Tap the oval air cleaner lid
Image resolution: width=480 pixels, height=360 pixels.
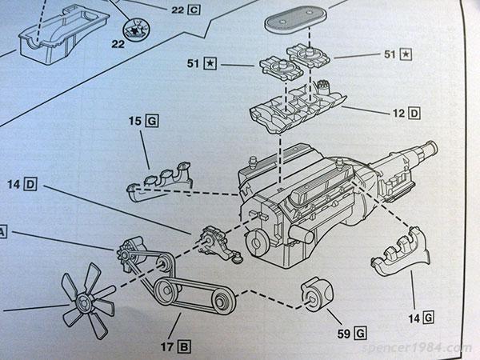(x=294, y=18)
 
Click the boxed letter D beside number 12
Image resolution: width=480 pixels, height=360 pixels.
(x=414, y=114)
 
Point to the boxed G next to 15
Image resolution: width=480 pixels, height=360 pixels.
(x=153, y=121)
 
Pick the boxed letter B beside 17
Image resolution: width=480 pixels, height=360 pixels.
(x=184, y=347)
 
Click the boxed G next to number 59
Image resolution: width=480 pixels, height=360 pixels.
(x=360, y=333)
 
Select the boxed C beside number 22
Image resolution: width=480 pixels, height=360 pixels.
(x=194, y=10)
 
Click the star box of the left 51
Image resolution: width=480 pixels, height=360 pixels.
(x=210, y=64)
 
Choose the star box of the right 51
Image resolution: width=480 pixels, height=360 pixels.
(x=406, y=54)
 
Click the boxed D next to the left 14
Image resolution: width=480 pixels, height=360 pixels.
(x=30, y=184)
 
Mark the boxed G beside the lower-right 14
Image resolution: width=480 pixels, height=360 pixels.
(x=428, y=318)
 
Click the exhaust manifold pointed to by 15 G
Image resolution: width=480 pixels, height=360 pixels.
(x=160, y=182)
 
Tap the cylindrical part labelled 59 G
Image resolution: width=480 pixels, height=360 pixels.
(x=317, y=294)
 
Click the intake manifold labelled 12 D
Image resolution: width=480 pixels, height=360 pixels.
(x=297, y=107)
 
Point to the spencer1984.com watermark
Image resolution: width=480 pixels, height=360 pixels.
(x=416, y=348)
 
